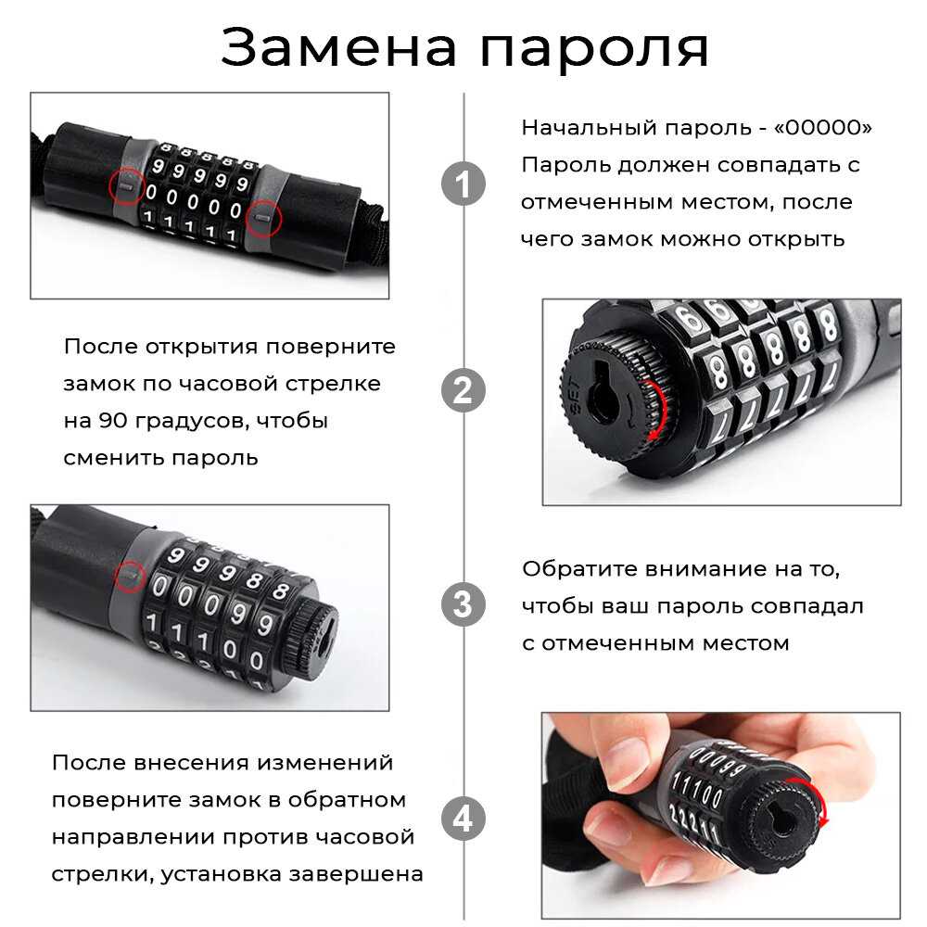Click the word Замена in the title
tap(338, 48)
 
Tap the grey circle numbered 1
tap(463, 184)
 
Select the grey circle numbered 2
tap(463, 391)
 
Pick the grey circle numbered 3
tap(463, 604)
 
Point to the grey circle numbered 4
tap(463, 819)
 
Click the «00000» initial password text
tap(823, 127)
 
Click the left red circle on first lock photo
tap(127, 185)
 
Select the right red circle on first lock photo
tap(263, 218)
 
